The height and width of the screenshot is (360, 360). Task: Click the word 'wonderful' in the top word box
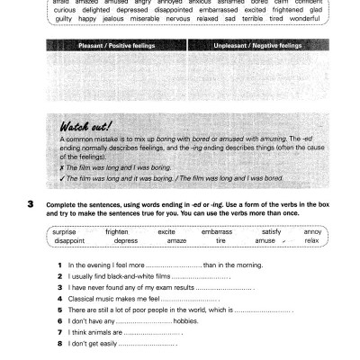[303, 17]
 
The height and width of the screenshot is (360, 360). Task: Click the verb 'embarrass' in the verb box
[216, 231]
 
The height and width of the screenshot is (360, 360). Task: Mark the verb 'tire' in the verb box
[220, 240]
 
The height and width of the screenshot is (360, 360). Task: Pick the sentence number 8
[58, 343]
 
